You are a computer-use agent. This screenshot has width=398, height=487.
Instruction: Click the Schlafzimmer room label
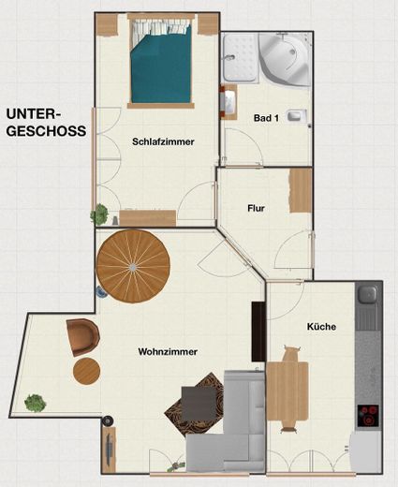tap(163, 141)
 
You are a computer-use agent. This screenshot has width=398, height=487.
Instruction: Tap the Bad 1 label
tap(266, 118)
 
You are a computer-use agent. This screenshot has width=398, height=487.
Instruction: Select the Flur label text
tap(256, 208)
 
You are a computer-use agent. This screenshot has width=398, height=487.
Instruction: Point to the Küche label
tap(321, 327)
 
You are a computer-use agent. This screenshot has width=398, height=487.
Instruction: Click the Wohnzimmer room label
tap(168, 352)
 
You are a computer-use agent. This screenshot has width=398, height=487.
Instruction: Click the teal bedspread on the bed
tap(161, 67)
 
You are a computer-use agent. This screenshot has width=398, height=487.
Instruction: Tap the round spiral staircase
tap(133, 267)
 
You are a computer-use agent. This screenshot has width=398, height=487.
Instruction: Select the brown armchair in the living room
tap(83, 337)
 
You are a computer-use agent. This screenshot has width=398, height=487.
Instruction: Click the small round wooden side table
tap(86, 372)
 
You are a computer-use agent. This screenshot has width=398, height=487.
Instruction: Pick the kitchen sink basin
tap(368, 294)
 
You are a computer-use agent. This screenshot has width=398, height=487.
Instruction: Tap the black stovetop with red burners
tap(368, 416)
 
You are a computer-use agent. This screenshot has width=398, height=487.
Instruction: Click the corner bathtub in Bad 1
tap(285, 59)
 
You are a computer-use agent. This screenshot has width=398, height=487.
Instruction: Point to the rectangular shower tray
tap(240, 58)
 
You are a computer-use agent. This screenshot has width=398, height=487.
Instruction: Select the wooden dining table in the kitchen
tap(287, 391)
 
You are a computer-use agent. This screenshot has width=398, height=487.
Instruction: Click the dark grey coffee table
tap(199, 404)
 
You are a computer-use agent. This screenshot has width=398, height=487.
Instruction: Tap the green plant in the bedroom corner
tap(99, 214)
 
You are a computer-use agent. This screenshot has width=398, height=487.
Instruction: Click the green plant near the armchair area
tap(36, 403)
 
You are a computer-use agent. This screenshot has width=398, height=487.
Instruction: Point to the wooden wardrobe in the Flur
tap(301, 190)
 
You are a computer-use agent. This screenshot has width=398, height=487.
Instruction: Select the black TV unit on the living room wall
tap(258, 332)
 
